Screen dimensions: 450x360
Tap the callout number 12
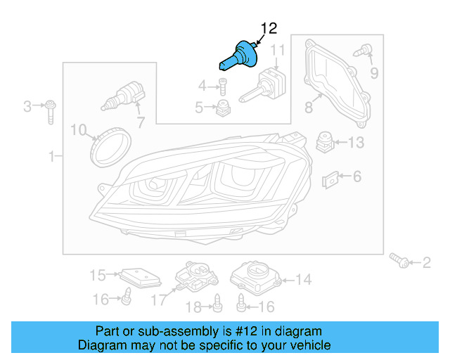pos(269,28)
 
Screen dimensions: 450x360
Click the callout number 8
pos(308,108)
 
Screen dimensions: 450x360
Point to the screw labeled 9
pos(365,50)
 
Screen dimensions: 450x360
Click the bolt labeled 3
pos(51,110)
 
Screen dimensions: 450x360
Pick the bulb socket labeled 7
pos(125,96)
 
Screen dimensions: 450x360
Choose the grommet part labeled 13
pos(325,141)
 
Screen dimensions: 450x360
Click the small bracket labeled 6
pos(330,181)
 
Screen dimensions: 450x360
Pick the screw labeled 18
pos(217,303)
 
